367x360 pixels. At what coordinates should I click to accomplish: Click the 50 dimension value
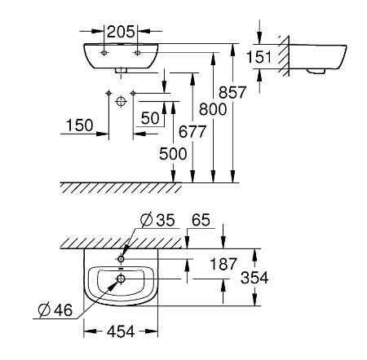click(x=149, y=118)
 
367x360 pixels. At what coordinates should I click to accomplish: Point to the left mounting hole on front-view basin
click(x=104, y=51)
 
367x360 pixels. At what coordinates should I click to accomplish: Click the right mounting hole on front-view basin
click(x=137, y=51)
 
